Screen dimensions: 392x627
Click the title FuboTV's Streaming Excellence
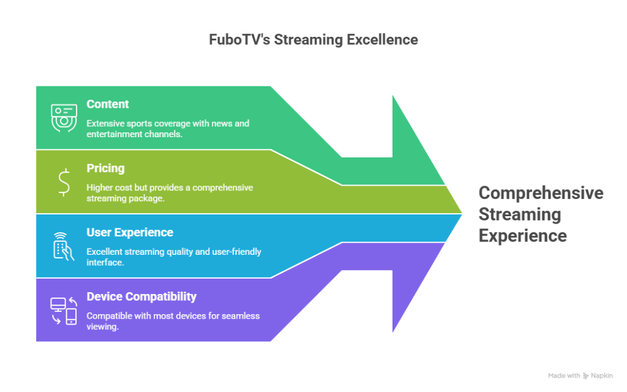(x=313, y=40)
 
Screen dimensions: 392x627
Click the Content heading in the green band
(x=108, y=104)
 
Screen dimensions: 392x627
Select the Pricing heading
(x=105, y=168)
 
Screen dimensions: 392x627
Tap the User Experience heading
(x=130, y=233)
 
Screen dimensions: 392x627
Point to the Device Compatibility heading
(x=141, y=297)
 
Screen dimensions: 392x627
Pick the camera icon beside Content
(x=64, y=118)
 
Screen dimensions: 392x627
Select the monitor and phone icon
(x=64, y=311)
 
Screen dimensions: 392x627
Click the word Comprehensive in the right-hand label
(x=541, y=193)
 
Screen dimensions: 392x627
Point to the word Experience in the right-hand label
(x=522, y=236)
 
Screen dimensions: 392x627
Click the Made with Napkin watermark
(x=580, y=375)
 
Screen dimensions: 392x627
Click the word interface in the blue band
(x=105, y=262)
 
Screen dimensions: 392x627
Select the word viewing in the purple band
(x=102, y=326)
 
